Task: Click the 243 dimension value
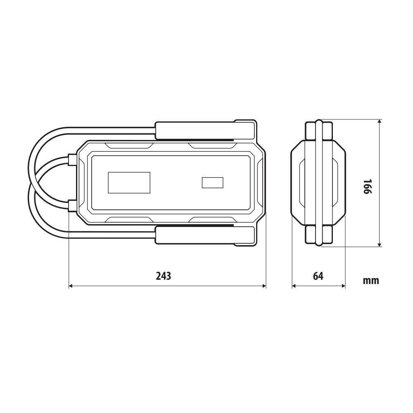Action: click(x=164, y=276)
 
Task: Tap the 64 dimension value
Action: click(x=318, y=276)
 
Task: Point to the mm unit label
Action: click(x=371, y=280)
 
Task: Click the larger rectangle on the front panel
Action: click(x=129, y=183)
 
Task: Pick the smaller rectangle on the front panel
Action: click(x=213, y=183)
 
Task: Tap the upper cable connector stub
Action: click(x=72, y=159)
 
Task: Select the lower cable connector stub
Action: click(x=72, y=206)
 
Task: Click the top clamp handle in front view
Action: click(x=205, y=131)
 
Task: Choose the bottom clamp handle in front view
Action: click(x=205, y=235)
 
